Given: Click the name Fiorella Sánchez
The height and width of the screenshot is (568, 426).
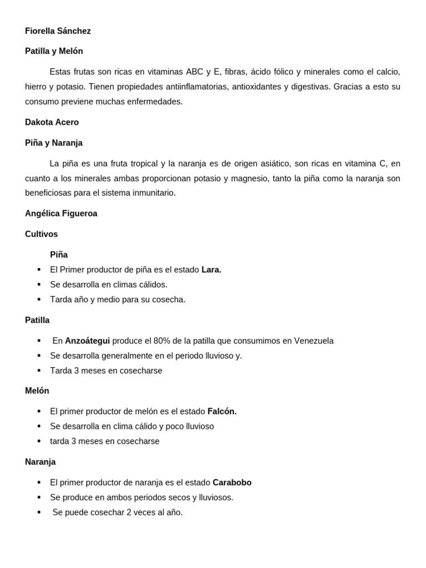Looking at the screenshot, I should click(x=58, y=31).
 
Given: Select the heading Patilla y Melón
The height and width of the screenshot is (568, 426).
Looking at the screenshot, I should click(x=54, y=51).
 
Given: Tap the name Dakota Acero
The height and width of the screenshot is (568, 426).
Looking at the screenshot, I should click(x=52, y=122).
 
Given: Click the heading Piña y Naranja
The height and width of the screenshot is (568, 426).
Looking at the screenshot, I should click(x=54, y=143).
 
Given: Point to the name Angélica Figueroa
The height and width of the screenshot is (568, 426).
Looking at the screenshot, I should click(x=61, y=214).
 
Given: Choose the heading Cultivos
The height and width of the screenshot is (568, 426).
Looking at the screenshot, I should click(x=42, y=234).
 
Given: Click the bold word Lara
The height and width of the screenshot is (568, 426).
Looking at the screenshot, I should click(x=211, y=270).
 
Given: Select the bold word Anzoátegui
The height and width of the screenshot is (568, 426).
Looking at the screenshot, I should click(x=88, y=341).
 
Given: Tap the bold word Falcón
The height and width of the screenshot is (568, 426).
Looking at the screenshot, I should click(x=222, y=411).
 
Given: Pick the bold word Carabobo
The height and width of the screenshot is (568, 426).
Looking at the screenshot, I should click(x=232, y=483).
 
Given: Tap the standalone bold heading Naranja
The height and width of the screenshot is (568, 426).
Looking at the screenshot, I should click(x=40, y=461).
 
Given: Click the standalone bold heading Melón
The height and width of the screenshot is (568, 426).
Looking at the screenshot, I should click(x=37, y=390).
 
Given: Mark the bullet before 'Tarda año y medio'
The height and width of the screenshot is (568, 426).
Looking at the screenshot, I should click(x=39, y=300).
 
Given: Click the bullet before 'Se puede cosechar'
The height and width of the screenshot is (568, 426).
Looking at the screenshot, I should click(x=39, y=513).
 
